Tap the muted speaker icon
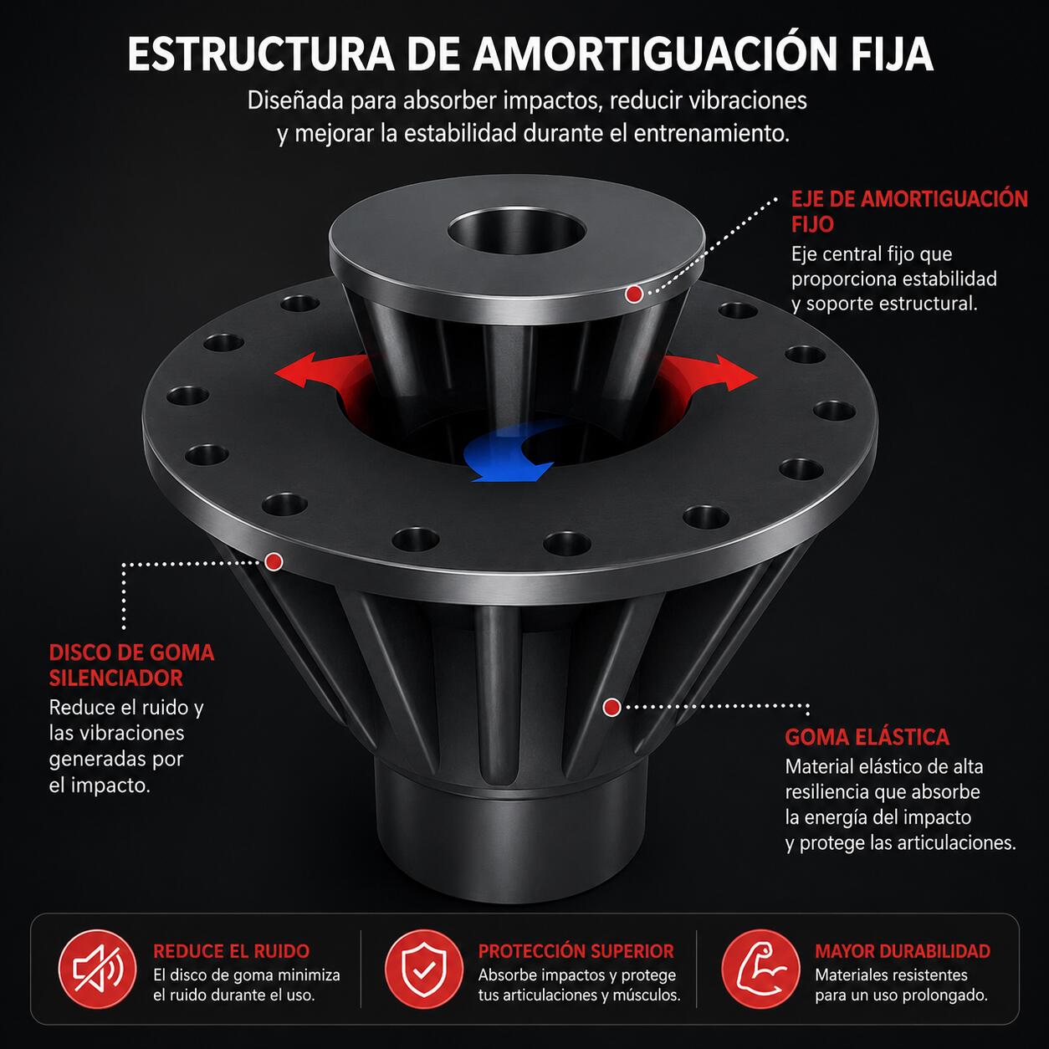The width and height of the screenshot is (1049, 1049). point(97,969)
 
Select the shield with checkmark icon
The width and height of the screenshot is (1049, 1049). point(423,969)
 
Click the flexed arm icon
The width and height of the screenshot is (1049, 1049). point(760,969)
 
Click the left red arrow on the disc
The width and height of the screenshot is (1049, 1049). point(321,371)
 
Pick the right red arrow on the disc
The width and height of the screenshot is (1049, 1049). point(708,372)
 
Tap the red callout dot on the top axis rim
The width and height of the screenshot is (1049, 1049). point(633,294)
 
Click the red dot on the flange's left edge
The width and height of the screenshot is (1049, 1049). point(274,561)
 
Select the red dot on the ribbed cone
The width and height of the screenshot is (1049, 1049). point(611,707)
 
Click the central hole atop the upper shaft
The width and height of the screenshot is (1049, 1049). point(516,232)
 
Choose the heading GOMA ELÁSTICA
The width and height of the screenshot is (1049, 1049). point(867,737)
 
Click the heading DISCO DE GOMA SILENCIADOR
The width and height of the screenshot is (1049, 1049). point(131,665)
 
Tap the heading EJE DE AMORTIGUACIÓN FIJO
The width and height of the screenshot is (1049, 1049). point(909,211)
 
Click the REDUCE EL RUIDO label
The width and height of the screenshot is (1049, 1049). point(232,951)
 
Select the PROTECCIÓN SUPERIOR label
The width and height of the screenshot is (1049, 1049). point(576,951)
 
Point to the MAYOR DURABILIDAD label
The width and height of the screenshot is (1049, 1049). point(903,951)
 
